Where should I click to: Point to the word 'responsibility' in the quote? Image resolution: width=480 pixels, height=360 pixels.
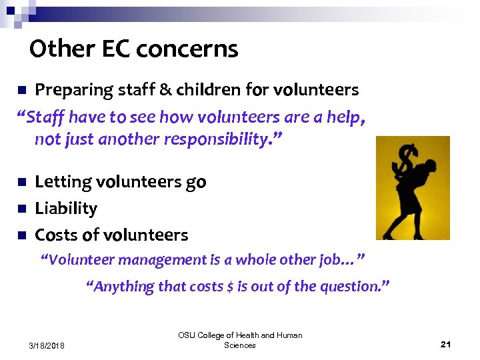pos(208,139)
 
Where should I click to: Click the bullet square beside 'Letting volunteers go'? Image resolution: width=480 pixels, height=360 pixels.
pos(21,182)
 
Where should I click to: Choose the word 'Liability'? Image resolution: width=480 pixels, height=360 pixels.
pos(66,209)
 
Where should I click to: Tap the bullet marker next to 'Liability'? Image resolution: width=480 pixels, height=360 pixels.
pos(21,209)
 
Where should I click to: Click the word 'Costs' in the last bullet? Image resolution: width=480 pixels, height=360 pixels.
pos(56,235)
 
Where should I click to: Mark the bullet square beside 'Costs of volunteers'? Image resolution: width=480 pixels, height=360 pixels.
pos(21,235)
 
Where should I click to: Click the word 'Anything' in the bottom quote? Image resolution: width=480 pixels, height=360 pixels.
pos(121,287)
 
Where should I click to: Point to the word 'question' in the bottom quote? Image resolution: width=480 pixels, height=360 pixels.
pos(354,287)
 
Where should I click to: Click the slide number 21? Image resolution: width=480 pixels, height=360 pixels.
pos(446,344)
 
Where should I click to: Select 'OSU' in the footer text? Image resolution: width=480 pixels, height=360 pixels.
pos(187,335)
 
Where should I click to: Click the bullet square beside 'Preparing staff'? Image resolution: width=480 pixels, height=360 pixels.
pos(21,90)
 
